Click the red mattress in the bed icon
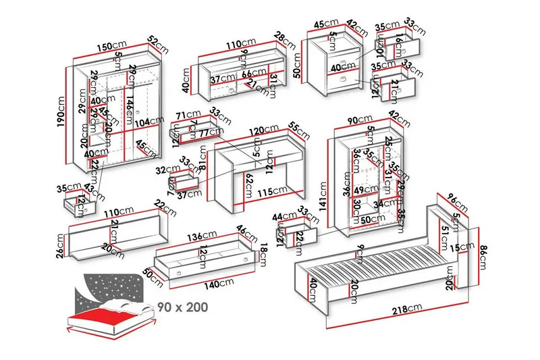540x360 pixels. coord(108,315)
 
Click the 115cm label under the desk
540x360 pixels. coord(269,192)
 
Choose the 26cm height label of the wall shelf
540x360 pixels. coord(60,245)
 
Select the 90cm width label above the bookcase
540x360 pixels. coord(356,120)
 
